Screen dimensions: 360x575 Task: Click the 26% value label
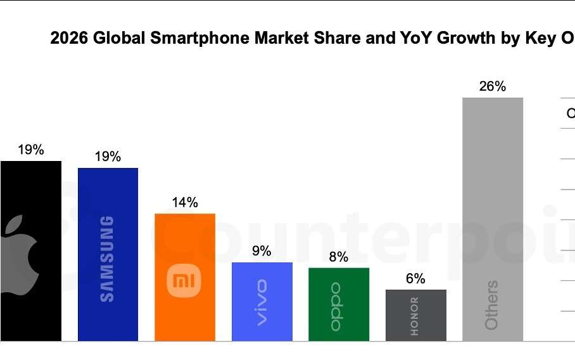[x=492, y=87]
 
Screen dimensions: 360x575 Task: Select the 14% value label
[x=185, y=203]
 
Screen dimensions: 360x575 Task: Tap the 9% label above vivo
[x=262, y=252]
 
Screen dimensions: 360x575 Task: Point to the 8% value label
[x=338, y=257]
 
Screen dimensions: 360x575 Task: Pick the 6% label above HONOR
[x=415, y=279]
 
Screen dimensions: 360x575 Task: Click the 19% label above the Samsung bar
[x=108, y=157]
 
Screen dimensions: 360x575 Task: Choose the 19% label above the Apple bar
[x=30, y=150]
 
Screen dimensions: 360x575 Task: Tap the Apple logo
[x=19, y=254]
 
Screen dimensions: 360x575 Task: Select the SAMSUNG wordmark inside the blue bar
[x=108, y=259]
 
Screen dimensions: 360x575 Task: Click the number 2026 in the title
[x=69, y=39]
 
